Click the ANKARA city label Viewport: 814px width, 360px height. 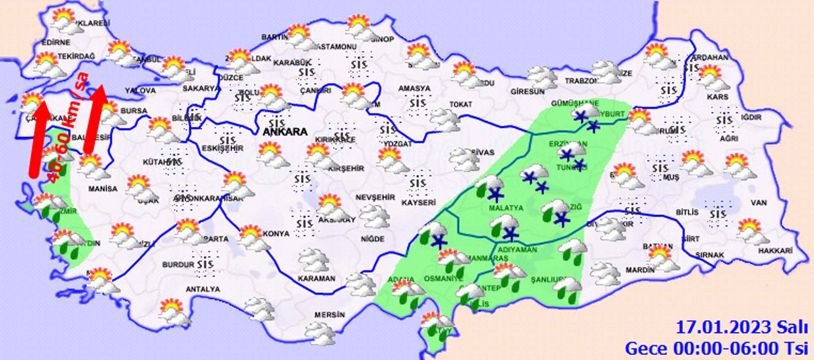coord(285,132)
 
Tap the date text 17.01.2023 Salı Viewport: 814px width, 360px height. coord(741,327)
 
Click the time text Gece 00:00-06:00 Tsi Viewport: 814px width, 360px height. coord(716,349)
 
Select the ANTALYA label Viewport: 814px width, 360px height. coord(203,289)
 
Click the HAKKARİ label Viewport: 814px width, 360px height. coord(775,251)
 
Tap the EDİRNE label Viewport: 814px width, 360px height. coord(56,42)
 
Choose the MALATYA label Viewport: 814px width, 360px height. coord(506,208)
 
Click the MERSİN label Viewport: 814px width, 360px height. coord(329,315)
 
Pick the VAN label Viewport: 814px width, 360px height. coord(758,203)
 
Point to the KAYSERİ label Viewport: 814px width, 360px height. coord(418,203)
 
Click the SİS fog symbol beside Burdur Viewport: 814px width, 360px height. coord(205,264)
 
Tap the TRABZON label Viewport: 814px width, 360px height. coord(581,81)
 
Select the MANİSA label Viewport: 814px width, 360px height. coord(103,188)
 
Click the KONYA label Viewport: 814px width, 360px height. coord(276,234)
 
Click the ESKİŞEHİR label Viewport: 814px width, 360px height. coord(222,148)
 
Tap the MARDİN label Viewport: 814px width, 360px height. coord(640,270)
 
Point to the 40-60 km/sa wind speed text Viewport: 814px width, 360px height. coord(68,127)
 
